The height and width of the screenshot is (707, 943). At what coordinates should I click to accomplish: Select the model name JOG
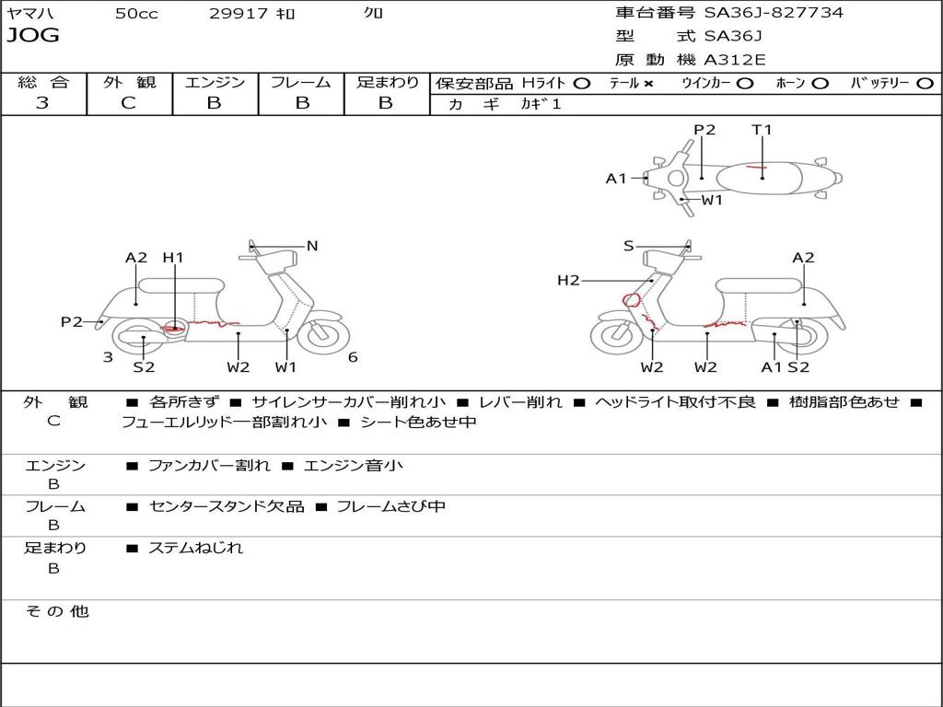(x=32, y=36)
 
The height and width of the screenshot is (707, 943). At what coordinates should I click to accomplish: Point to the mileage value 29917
(x=239, y=14)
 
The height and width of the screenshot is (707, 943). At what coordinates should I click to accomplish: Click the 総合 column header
(x=43, y=83)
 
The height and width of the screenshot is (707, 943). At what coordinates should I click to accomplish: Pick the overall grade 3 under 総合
(x=42, y=103)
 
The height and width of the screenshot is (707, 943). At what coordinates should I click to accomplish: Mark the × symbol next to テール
(x=648, y=84)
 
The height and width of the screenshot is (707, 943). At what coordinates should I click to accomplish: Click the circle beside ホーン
(x=821, y=84)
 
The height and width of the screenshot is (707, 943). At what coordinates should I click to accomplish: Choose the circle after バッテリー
(x=925, y=84)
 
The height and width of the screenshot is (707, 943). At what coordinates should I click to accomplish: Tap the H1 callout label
(x=173, y=259)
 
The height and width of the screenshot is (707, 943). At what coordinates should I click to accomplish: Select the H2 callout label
(x=568, y=280)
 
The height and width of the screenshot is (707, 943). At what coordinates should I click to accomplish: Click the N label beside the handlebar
(x=312, y=246)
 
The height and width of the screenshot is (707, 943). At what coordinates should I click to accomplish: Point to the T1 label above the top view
(x=762, y=130)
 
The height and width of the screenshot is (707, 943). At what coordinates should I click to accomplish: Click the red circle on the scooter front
(x=632, y=298)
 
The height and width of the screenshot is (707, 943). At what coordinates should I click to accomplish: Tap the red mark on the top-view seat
(x=755, y=168)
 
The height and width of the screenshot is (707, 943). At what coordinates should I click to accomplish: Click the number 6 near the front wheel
(x=353, y=357)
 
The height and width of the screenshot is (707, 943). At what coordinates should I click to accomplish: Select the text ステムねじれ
(x=196, y=548)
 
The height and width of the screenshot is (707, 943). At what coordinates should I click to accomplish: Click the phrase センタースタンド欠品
(x=226, y=506)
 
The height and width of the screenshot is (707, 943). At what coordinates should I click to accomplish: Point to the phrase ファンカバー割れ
(x=209, y=466)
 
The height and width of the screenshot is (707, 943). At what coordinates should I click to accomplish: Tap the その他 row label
(x=57, y=611)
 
